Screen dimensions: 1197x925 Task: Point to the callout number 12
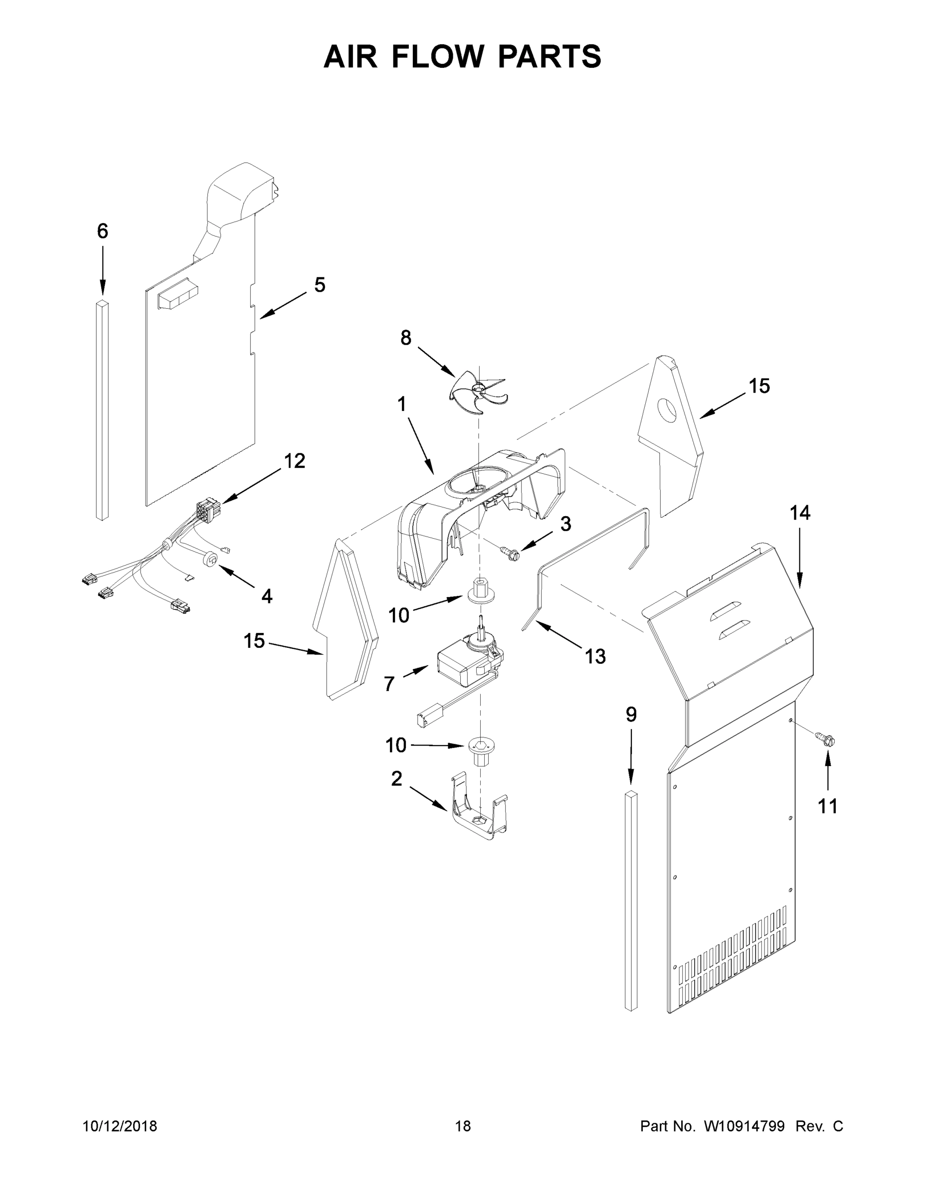tap(294, 461)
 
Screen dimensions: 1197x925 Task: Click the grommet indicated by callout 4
tap(210, 559)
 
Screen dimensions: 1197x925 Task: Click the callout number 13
tap(595, 656)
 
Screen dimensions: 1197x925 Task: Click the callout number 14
tap(799, 513)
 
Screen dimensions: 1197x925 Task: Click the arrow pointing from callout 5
tap(283, 305)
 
